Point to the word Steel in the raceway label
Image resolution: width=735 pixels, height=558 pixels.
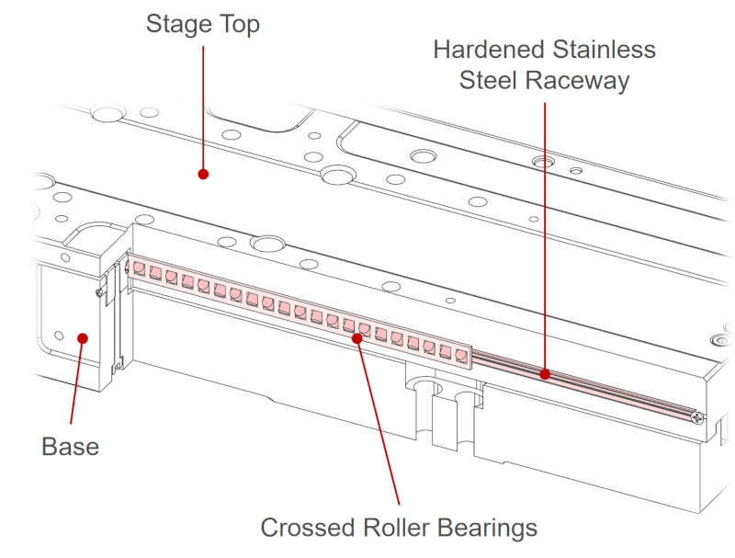point(489,81)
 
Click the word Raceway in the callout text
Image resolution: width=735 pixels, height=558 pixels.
point(577,81)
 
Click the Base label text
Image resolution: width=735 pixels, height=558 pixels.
point(70,447)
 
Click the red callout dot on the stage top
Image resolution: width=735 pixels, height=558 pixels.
point(203,173)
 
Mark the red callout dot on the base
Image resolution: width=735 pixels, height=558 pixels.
point(83,337)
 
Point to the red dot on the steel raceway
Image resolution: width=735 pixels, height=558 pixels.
point(545,374)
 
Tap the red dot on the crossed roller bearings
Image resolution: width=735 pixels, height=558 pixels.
point(357,337)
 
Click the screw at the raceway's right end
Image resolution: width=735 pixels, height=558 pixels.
point(700,418)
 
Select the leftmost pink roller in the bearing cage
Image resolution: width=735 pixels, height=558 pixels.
point(139,268)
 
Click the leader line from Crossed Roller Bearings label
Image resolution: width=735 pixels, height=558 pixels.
point(379,423)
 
